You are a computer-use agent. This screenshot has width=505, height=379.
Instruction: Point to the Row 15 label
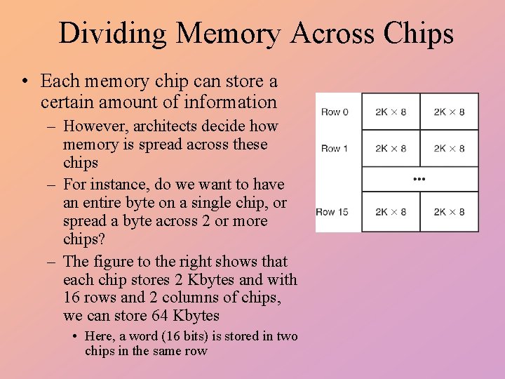coord(332,212)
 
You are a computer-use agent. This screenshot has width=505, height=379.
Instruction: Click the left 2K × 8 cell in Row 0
coord(391,112)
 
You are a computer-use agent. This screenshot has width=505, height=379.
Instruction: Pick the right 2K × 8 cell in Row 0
coord(449,112)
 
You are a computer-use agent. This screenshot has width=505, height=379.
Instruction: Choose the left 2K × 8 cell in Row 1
coord(391,148)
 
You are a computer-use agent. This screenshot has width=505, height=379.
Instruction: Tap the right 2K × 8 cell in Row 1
coord(449,148)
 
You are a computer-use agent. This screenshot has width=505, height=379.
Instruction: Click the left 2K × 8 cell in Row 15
coord(391,212)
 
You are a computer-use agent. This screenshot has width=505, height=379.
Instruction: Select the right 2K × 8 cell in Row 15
coord(449,212)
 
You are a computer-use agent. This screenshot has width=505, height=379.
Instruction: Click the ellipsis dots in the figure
coord(419,179)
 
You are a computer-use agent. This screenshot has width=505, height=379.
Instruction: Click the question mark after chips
coord(102,239)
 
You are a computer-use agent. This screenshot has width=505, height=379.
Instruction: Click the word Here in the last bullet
coord(99,336)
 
